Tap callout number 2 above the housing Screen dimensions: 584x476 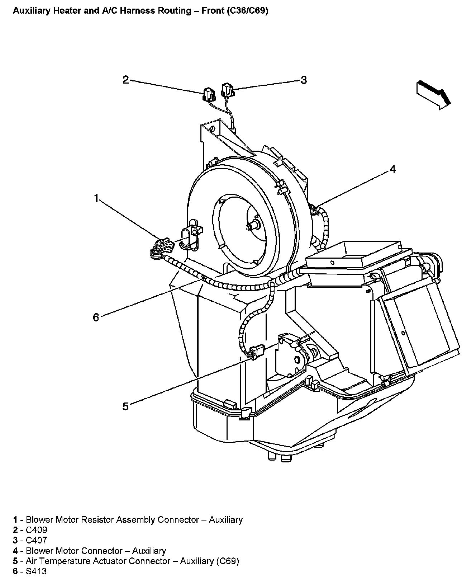[125, 80]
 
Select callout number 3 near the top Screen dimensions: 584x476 [304, 80]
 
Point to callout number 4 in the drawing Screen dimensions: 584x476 [393, 169]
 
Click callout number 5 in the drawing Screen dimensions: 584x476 [125, 406]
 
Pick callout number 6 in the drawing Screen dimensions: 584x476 [96, 317]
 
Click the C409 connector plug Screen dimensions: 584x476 [208, 94]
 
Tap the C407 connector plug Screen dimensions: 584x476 [227, 89]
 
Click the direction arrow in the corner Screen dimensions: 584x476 [433, 94]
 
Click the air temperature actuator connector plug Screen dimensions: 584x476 [258, 351]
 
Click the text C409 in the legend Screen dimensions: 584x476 [37, 530]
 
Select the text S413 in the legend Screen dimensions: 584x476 [36, 571]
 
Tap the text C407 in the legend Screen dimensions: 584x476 [37, 540]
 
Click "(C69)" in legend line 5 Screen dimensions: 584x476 [228, 561]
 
